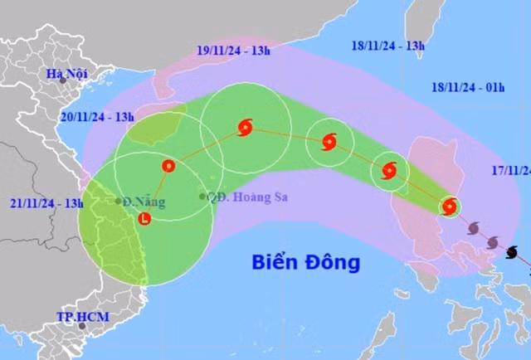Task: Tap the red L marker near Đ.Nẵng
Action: (x=146, y=220)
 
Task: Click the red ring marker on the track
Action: (x=168, y=166)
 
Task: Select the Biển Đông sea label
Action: (x=306, y=263)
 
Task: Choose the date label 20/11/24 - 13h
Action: (x=96, y=117)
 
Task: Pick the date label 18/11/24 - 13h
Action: (x=388, y=46)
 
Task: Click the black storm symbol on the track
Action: (x=512, y=251)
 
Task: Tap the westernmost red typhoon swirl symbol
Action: (x=244, y=128)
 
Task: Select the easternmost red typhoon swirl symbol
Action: (x=449, y=207)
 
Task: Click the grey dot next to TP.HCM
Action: (x=82, y=326)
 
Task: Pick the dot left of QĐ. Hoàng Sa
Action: (x=202, y=197)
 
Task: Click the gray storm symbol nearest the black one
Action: (x=492, y=241)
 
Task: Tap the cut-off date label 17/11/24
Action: (x=510, y=171)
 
